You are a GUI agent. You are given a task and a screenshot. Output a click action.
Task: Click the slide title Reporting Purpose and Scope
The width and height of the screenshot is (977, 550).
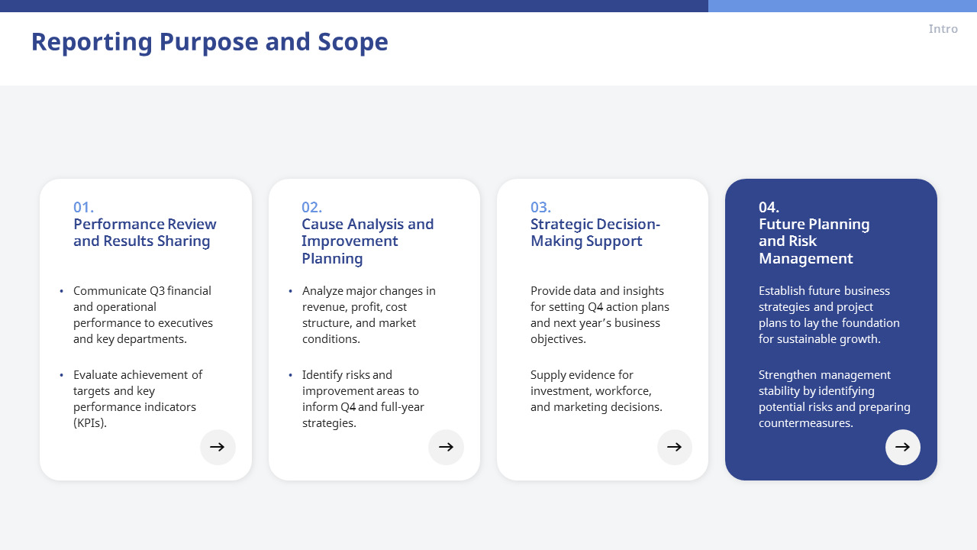[x=209, y=42]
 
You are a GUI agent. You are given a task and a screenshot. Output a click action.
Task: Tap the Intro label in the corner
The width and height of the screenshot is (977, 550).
[x=943, y=29]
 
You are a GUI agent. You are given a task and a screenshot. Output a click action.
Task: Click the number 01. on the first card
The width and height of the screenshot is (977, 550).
[x=83, y=207]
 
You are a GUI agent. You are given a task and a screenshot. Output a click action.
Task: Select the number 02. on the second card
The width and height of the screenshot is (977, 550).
[x=311, y=207]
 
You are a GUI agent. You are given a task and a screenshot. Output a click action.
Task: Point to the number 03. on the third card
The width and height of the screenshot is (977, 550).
[x=540, y=207]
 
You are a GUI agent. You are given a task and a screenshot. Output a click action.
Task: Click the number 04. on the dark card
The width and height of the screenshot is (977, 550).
[x=769, y=207]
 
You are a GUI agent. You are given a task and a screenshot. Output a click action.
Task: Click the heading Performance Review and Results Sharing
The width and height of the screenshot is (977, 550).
[x=144, y=232]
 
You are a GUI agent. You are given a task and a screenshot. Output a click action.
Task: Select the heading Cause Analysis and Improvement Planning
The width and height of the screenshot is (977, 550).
[x=367, y=241]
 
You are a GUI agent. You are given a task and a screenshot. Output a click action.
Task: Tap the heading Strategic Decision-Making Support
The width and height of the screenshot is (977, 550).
[x=595, y=232]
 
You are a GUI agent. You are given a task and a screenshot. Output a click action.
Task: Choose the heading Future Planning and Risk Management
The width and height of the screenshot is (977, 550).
[x=814, y=241]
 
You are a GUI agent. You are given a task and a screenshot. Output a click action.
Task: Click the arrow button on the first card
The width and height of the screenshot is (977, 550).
[x=218, y=447]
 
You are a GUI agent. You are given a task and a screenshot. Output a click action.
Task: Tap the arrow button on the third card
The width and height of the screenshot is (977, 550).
[x=675, y=447]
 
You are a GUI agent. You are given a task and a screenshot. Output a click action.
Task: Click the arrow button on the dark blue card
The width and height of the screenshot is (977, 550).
[x=903, y=447]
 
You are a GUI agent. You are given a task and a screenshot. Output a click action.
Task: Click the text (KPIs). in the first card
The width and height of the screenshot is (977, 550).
[x=90, y=423]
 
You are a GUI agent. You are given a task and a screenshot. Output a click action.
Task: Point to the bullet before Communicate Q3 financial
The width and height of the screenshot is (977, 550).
[x=61, y=291]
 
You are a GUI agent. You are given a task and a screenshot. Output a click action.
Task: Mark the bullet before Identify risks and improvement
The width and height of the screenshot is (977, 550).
[x=290, y=375]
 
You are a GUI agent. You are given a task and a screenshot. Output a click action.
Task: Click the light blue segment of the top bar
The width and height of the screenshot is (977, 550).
[x=842, y=5]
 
